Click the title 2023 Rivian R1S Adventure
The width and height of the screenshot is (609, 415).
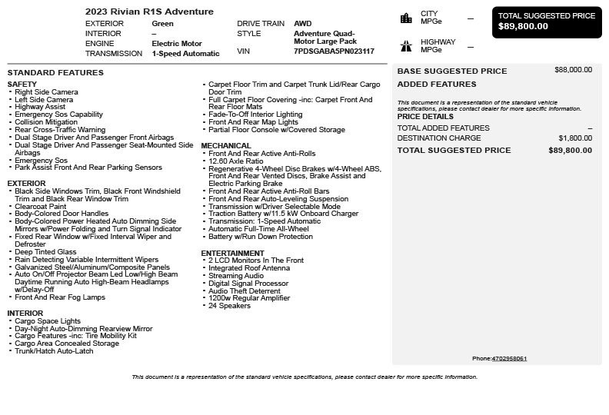click(149, 12)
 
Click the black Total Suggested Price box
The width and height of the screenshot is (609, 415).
click(546, 22)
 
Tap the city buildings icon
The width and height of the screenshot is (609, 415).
click(406, 18)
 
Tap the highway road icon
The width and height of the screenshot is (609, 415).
click(406, 46)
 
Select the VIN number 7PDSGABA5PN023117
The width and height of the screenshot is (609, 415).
click(334, 51)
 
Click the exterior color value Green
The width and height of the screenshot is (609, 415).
click(162, 24)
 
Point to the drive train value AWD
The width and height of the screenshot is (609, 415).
click(302, 24)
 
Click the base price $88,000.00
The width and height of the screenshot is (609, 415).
click(573, 70)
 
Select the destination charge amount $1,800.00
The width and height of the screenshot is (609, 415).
click(575, 138)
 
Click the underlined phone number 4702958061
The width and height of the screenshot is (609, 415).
click(509, 359)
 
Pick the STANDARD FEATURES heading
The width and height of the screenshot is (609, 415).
click(55, 73)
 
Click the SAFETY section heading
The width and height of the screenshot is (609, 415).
click(22, 85)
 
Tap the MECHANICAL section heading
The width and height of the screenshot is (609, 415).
click(226, 145)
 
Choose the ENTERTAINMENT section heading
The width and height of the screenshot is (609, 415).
click(232, 253)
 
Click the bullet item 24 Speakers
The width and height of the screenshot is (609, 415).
click(229, 306)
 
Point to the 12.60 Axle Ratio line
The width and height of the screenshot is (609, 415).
click(235, 161)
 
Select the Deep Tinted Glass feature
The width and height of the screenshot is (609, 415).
click(45, 252)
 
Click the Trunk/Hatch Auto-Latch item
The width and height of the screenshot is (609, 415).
click(54, 351)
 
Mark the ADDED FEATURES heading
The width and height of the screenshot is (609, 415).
click(436, 84)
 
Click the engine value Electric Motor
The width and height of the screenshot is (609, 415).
click(176, 44)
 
